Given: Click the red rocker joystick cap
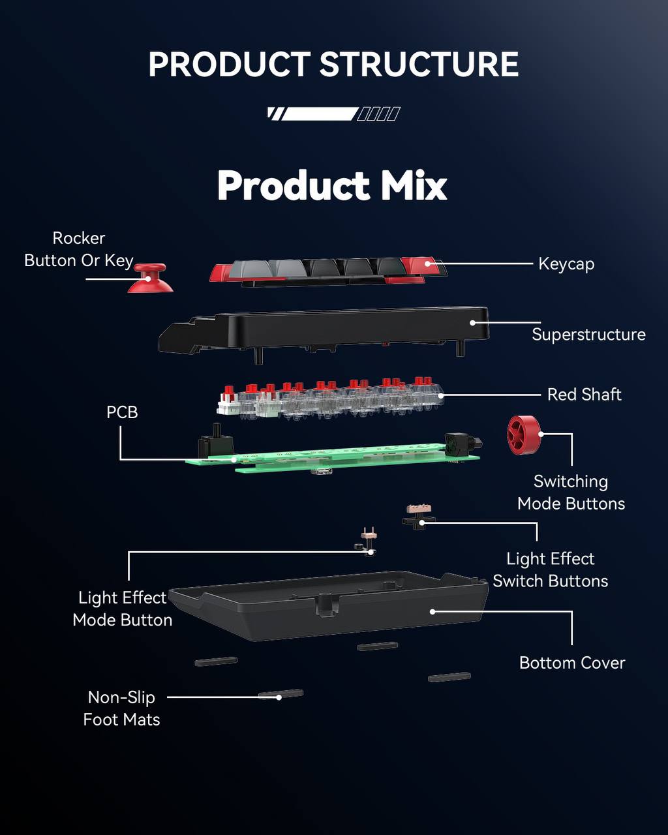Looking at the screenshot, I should click(150, 279).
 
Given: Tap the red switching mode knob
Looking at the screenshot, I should click(524, 435).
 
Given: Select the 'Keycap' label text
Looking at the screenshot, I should click(566, 264).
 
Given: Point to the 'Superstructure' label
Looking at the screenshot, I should click(588, 335).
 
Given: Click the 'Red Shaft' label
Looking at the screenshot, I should click(584, 395).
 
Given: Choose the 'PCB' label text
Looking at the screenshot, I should click(122, 412).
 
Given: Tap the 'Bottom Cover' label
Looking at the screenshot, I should click(572, 663).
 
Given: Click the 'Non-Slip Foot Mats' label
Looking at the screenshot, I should click(122, 708).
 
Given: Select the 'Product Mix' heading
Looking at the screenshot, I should click(333, 185).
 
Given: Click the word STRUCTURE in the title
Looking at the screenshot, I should click(419, 65).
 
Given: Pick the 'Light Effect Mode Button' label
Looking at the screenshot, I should click(123, 609).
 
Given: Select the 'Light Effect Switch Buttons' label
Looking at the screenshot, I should click(551, 570).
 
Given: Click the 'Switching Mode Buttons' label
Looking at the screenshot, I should click(571, 493).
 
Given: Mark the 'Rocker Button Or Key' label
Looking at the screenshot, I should click(79, 249).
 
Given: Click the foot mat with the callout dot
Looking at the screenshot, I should click(281, 695).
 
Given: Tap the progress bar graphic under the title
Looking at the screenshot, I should click(333, 114).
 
